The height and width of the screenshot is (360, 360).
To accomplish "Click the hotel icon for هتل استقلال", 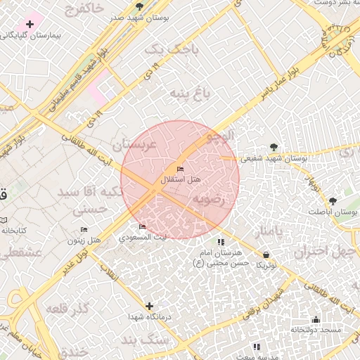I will click(x=181, y=169).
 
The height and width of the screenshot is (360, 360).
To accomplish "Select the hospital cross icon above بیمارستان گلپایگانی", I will click(x=30, y=24).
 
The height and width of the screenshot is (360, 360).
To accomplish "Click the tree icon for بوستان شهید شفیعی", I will click(x=274, y=148).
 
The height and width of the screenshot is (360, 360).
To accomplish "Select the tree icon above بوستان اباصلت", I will click(x=333, y=200).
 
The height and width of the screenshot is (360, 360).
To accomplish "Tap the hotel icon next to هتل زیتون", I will click(x=84, y=230).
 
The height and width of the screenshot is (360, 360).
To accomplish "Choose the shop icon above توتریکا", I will click(x=266, y=255).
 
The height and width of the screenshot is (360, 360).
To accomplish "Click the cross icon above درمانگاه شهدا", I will click(x=149, y=306).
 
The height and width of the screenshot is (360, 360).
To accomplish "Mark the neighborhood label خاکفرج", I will click(x=84, y=9).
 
